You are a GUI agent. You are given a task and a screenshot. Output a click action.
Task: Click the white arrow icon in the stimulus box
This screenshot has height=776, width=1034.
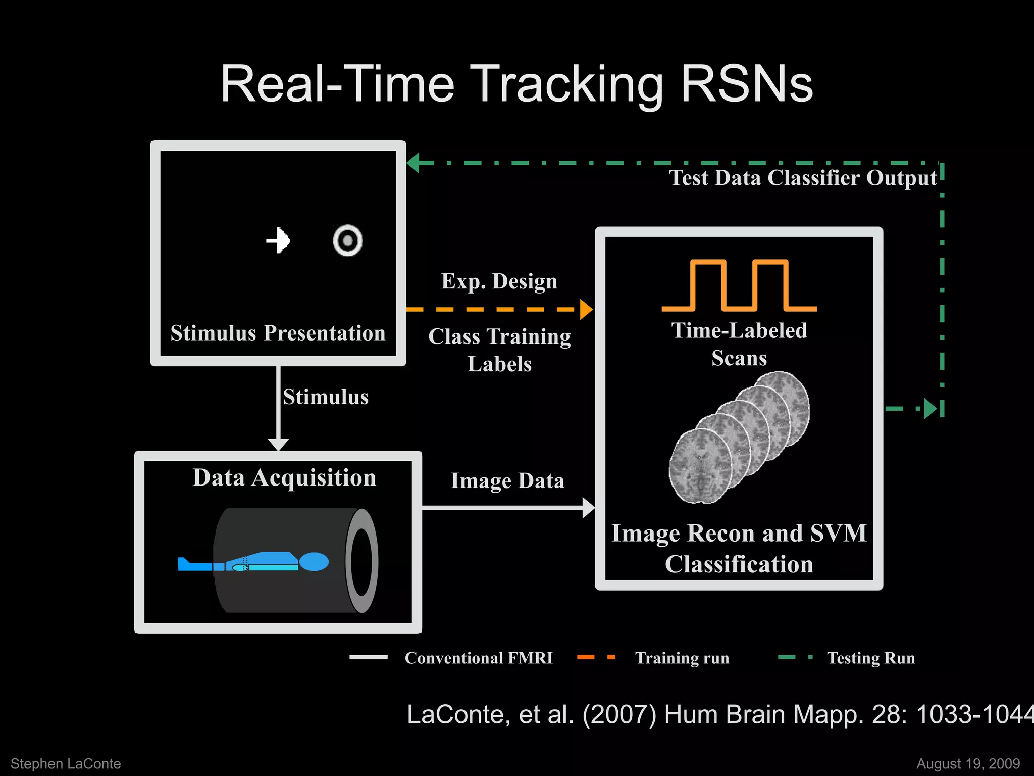coord(278,240)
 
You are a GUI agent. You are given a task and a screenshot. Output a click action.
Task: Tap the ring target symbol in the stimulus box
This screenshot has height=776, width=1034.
coord(347,240)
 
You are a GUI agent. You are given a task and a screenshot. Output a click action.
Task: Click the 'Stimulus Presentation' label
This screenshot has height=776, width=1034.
coord(278,333)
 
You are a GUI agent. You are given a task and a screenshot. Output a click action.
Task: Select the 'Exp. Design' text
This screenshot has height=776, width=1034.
coord(499,281)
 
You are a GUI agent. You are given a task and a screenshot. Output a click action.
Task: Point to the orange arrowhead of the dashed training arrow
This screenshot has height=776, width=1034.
coord(586,309)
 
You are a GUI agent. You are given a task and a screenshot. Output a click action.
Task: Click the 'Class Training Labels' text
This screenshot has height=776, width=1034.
coord(499,350)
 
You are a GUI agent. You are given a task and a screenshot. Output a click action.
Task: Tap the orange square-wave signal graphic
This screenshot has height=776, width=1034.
coord(739,285)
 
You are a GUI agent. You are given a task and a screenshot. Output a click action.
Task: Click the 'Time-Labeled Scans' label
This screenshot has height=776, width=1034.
coord(739,344)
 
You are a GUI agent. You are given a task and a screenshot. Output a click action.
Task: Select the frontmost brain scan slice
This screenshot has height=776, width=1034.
coord(700,466)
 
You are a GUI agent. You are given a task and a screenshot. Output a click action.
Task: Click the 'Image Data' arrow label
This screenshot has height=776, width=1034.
coord(507,480)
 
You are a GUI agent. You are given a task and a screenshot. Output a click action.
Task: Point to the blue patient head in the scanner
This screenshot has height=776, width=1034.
coord(314,561)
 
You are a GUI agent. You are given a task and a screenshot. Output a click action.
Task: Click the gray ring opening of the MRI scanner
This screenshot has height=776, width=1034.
coord(361,561)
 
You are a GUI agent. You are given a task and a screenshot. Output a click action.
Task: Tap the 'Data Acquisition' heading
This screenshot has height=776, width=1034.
coord(284,477)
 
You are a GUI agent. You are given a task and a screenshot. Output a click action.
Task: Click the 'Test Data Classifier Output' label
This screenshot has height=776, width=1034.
coord(803,178)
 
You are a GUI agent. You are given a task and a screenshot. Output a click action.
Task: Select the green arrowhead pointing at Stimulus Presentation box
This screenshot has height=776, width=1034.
coord(413,163)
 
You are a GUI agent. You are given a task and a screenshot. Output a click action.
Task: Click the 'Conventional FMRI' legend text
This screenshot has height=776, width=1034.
coord(479,658)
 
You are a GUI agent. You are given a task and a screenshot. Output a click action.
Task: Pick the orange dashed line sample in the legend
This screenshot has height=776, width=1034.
coord(596,657)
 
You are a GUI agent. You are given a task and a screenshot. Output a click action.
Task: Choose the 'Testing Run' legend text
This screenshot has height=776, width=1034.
coord(871,658)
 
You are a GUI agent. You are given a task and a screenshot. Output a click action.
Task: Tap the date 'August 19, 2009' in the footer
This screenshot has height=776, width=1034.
coord(968,763)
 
